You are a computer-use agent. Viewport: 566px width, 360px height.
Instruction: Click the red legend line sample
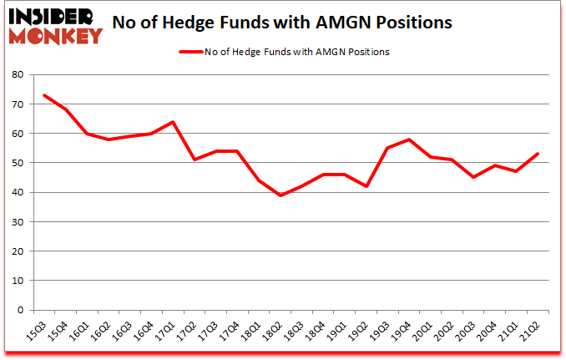point(191,52)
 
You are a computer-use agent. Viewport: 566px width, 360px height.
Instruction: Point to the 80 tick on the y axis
point(16,74)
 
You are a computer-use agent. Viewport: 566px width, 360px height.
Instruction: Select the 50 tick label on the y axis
point(16,163)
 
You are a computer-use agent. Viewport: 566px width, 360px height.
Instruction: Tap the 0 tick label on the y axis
point(18,310)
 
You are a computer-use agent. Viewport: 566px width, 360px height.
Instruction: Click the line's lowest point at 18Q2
point(281,195)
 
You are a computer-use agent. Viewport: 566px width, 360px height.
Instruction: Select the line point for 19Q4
point(409,139)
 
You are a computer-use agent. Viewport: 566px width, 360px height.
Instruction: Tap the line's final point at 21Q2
point(537,154)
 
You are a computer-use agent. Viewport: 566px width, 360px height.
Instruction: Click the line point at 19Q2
point(366,186)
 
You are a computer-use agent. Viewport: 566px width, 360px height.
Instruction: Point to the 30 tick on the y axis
point(16,221)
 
